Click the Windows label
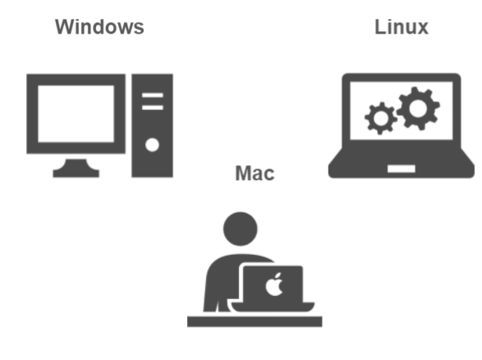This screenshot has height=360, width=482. point(99,27)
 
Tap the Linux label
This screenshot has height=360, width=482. point(402,27)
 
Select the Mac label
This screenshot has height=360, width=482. point(255,173)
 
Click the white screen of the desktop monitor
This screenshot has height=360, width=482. point(76,114)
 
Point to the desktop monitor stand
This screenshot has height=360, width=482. point(76,168)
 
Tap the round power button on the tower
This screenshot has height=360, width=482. point(152,145)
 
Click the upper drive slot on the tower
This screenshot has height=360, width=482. point(153,95)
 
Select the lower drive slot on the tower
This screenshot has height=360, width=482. point(153,108)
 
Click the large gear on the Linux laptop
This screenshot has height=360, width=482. point(419,108)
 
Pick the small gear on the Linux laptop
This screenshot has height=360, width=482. point(381,118)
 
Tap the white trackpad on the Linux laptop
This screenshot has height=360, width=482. point(402,168)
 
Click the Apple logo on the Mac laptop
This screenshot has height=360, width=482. point(274,284)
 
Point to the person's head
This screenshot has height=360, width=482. point(241,229)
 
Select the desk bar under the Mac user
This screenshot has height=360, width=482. point(255,321)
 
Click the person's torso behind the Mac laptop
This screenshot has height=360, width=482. point(222,280)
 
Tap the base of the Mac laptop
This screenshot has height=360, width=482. point(273,307)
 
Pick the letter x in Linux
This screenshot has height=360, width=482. point(421,29)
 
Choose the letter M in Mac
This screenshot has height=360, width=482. point(243,173)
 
